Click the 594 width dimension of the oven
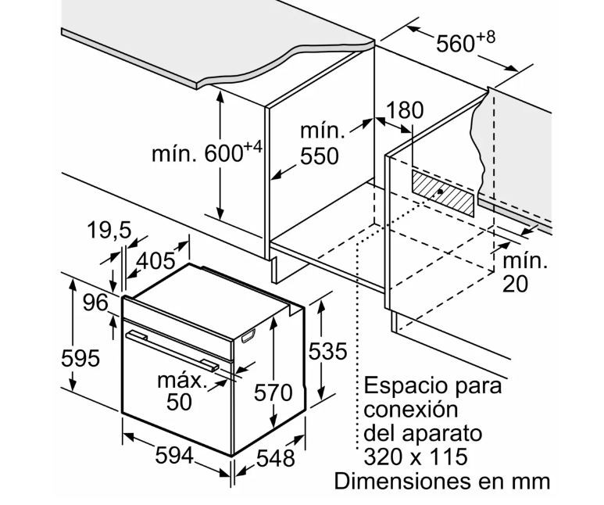click(x=173, y=456)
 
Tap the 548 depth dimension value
click(x=275, y=458)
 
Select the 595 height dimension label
click(x=80, y=358)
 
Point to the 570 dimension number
click(x=273, y=392)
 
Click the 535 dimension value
click(x=328, y=352)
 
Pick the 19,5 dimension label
click(x=109, y=231)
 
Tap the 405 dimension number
click(x=155, y=261)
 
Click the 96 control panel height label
click(x=95, y=303)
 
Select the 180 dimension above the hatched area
click(x=405, y=110)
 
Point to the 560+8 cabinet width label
click(x=466, y=41)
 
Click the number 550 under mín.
click(x=320, y=156)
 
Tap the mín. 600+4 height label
click(x=207, y=152)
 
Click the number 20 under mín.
click(x=516, y=284)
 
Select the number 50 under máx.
click(x=179, y=402)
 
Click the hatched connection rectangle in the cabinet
click(x=443, y=193)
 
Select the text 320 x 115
click(x=416, y=457)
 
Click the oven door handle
click(x=172, y=350)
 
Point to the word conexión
click(x=411, y=409)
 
